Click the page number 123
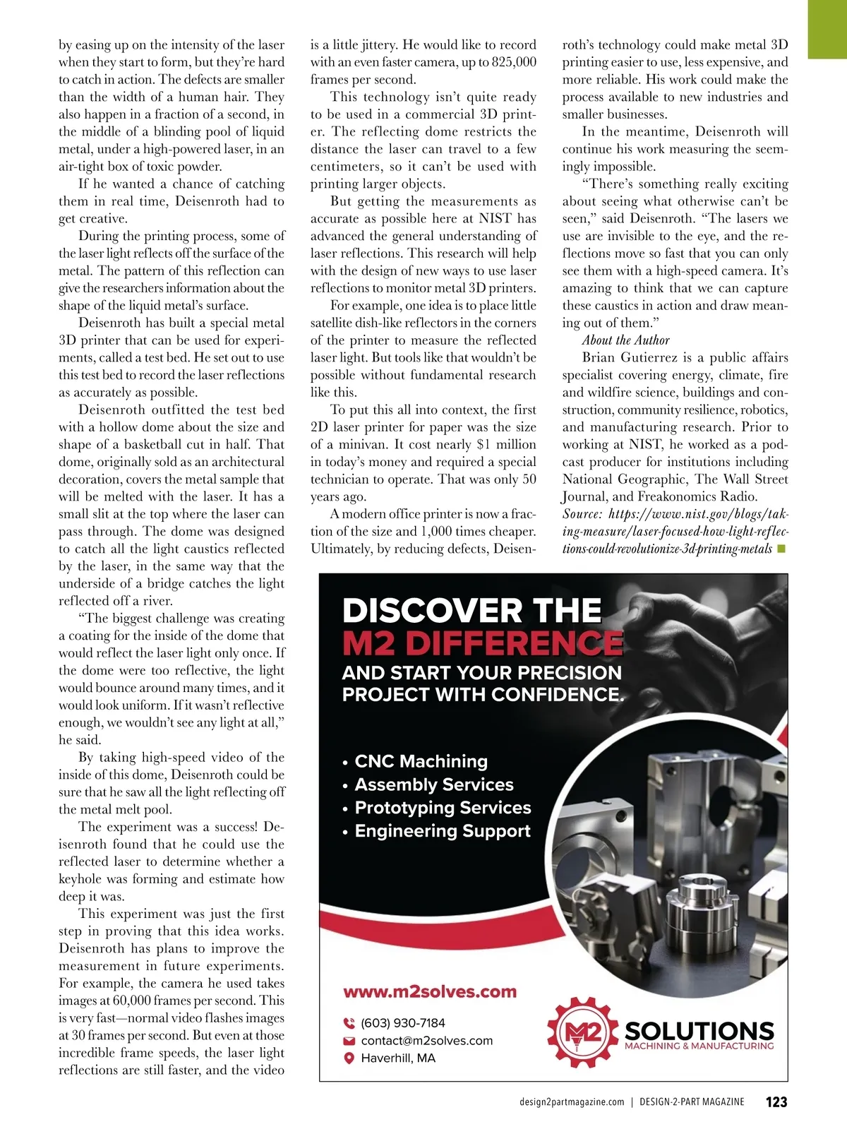pos(776,1102)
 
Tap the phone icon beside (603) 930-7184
pos(348,1023)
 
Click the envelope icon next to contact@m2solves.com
pos(348,1041)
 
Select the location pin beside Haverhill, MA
pos(348,1058)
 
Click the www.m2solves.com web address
pos(429,991)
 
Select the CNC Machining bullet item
pos(421,761)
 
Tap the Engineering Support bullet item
pos(442,830)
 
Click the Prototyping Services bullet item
pos(443,807)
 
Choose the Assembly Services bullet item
pos(433,784)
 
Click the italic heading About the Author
pos(625,340)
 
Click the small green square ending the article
pos(781,548)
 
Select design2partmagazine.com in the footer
pos(571,1102)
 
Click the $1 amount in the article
pos(483,444)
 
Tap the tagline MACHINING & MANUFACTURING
pos(699,1046)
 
